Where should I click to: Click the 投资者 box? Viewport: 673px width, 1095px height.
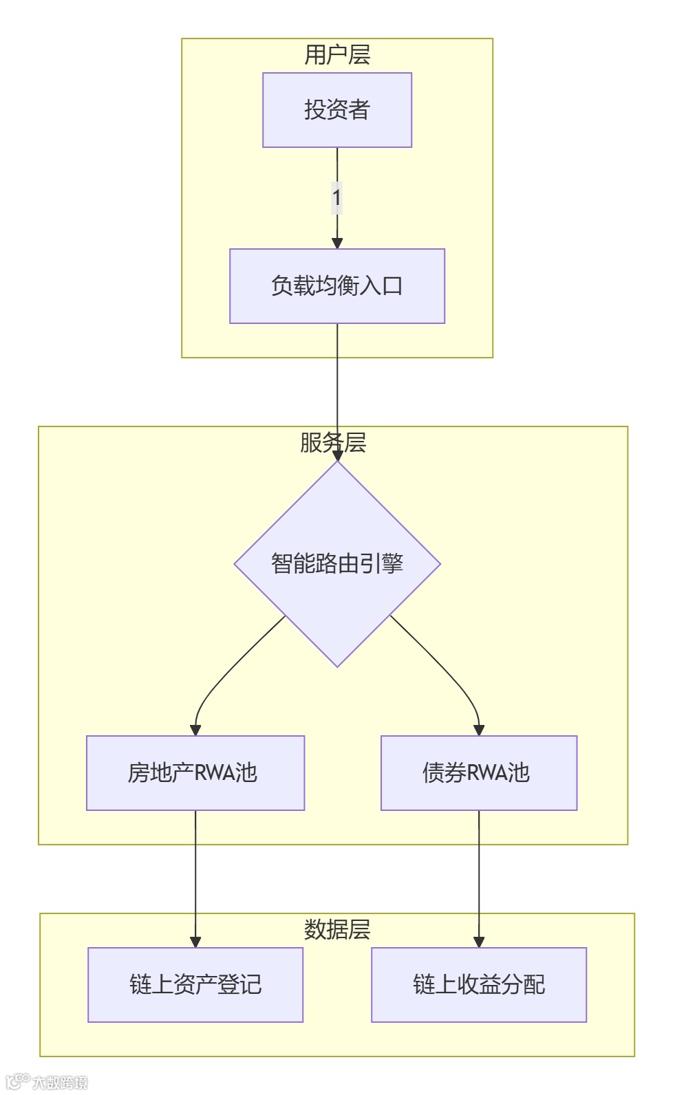click(x=337, y=110)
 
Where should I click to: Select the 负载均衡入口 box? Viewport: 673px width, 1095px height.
click(x=337, y=286)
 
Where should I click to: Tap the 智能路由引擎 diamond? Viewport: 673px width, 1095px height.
click(x=337, y=564)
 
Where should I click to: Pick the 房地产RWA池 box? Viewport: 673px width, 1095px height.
click(x=195, y=773)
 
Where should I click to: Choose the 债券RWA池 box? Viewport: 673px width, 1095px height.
click(x=479, y=773)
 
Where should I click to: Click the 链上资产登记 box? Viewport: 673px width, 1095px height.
click(x=195, y=985)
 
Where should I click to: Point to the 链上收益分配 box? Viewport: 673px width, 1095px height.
click(x=479, y=985)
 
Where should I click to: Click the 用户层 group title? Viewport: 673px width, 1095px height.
click(x=337, y=55)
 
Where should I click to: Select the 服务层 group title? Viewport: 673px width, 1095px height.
click(x=333, y=443)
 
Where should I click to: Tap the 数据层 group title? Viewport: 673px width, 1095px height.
click(x=337, y=930)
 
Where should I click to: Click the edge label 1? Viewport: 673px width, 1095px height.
click(x=336, y=198)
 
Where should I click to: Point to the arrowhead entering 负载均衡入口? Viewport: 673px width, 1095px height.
click(x=337, y=243)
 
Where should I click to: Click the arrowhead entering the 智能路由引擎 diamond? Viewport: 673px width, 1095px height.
click(x=337, y=455)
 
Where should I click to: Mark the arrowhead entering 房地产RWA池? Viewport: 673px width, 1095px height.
click(x=195, y=730)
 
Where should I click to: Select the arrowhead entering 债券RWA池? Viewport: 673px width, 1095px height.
click(x=479, y=730)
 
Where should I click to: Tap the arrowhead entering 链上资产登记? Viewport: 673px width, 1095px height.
click(x=195, y=942)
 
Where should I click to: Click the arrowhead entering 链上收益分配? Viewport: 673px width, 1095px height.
click(x=479, y=942)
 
